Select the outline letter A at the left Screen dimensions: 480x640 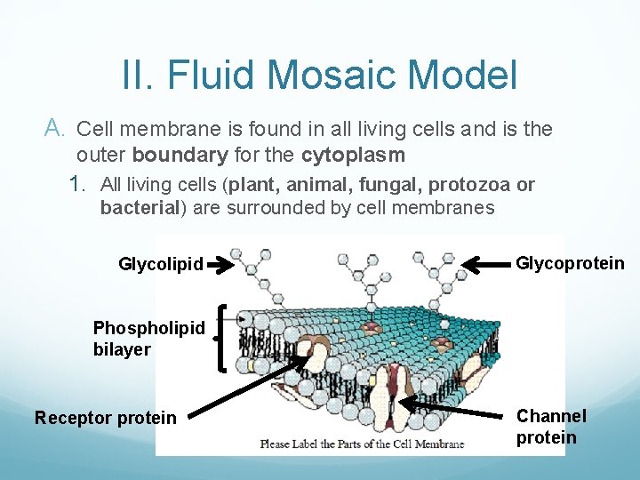[54, 130]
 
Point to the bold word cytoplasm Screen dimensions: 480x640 [353, 155]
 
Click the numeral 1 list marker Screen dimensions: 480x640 [78, 185]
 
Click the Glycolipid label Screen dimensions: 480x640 [161, 264]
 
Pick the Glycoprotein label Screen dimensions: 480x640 [570, 263]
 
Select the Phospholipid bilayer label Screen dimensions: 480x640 [148, 339]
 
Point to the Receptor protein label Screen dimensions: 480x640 [105, 418]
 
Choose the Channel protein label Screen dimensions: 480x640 [551, 427]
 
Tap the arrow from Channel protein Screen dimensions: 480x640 [453, 410]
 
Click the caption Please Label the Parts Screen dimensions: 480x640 [361, 444]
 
